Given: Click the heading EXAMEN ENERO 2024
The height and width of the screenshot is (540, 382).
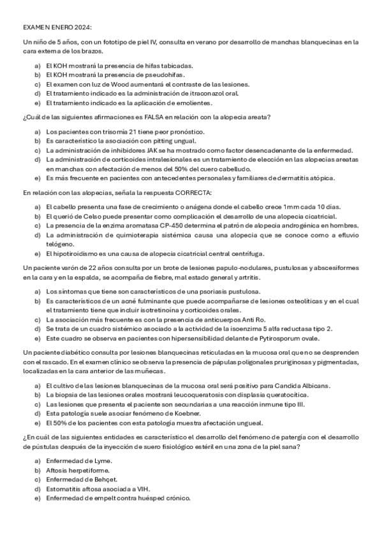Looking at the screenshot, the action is (57, 28).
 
